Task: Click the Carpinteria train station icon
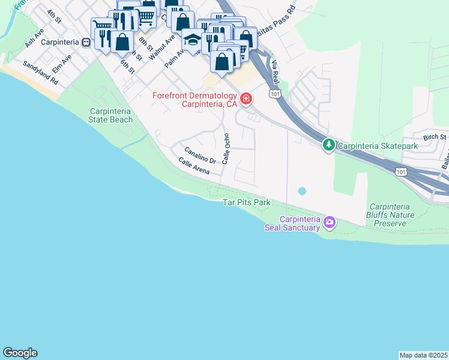(x=87, y=43)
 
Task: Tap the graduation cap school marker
(x=193, y=40)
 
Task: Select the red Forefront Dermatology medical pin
(x=246, y=98)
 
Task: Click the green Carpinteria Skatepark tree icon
(x=329, y=145)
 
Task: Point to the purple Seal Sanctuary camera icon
(x=329, y=223)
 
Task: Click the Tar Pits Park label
(x=247, y=203)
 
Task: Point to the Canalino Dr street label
(x=200, y=155)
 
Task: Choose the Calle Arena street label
(x=194, y=166)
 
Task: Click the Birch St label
(x=435, y=137)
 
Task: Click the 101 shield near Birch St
(x=400, y=172)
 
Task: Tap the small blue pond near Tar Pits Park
(x=301, y=191)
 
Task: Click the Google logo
(x=20, y=353)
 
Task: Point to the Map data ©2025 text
(x=423, y=355)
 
